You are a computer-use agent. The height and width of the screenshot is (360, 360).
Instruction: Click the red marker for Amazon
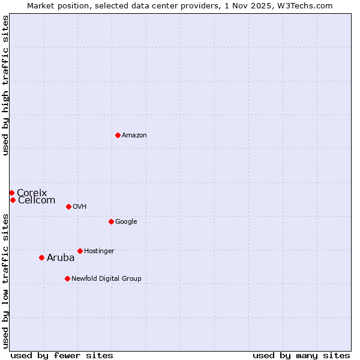[x=118, y=135]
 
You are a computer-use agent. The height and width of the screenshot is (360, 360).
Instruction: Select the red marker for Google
[x=111, y=221]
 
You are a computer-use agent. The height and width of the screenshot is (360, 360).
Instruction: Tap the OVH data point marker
[x=68, y=206]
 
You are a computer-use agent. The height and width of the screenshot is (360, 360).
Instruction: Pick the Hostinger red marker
[x=80, y=251]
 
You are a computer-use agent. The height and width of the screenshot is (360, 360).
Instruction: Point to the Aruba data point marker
[x=41, y=257]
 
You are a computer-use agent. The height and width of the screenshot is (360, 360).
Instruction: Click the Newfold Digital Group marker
[x=67, y=278]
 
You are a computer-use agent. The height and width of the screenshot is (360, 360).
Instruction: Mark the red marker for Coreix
[x=11, y=193]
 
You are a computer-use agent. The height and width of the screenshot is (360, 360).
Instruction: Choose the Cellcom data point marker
[x=13, y=200]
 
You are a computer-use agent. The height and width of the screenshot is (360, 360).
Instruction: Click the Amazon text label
[x=134, y=136]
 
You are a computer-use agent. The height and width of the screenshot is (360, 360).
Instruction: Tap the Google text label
[x=126, y=222]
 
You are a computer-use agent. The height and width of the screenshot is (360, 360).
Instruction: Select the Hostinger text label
[x=99, y=251]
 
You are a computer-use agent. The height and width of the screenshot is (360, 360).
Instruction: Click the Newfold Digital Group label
[x=106, y=279]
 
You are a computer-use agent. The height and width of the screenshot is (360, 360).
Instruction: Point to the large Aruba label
[x=61, y=258]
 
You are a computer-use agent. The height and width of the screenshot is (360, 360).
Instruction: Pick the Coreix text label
[x=32, y=193]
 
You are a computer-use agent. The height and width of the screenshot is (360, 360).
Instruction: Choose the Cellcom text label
[x=37, y=200]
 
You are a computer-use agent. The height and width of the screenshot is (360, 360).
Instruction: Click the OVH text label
[x=80, y=207]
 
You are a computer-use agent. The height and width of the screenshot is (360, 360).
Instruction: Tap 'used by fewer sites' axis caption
[x=62, y=355]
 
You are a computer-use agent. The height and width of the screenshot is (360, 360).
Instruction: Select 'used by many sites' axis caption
[x=301, y=355]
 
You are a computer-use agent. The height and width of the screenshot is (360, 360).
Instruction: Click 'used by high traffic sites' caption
[x=6, y=85]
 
